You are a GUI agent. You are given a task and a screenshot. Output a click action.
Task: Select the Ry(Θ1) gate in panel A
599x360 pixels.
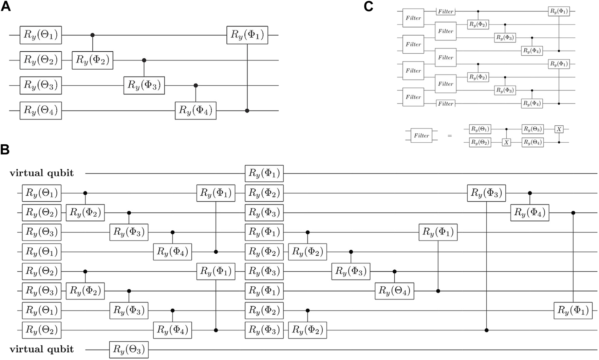[x=41, y=35]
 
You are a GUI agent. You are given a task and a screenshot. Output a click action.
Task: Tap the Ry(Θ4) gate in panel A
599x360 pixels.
[x=41, y=110]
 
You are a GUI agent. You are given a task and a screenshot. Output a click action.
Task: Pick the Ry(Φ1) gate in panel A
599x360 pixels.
[x=247, y=35]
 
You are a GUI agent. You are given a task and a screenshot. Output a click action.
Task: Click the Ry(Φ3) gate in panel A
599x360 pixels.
[x=144, y=85]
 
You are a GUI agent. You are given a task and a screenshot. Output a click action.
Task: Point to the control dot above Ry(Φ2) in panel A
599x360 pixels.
[x=93, y=35]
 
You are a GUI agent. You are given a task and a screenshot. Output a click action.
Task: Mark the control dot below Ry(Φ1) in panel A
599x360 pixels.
[x=247, y=111]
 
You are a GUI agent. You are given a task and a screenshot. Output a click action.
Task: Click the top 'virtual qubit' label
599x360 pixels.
[x=41, y=173]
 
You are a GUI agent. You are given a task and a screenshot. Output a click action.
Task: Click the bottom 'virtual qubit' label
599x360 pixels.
[x=41, y=349]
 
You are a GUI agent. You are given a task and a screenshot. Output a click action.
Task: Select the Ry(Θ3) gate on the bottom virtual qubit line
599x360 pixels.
[x=129, y=349]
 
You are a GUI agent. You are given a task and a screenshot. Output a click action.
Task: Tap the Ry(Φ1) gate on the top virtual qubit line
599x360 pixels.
[x=264, y=173]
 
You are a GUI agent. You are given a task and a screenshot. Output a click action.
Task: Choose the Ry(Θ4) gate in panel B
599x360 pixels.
[x=394, y=291]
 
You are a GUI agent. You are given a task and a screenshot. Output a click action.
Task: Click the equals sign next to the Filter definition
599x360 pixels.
[x=450, y=136]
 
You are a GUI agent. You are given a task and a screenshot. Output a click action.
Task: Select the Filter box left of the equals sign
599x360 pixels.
[x=422, y=136]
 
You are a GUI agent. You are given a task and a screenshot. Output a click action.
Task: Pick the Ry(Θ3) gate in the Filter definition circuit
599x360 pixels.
[x=532, y=129]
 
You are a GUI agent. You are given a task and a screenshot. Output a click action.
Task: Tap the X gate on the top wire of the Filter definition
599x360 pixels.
[x=559, y=129]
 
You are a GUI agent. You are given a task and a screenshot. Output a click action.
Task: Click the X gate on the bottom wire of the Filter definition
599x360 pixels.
[x=506, y=143]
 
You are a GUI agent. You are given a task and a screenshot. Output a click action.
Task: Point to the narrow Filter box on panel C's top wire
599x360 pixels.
[x=446, y=12]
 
